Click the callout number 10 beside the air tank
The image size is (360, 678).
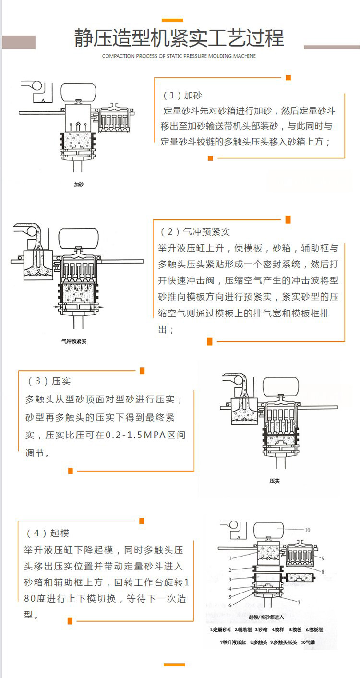click(307, 530)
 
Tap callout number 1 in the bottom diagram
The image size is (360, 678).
click(217, 558)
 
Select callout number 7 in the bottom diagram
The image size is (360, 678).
click(299, 602)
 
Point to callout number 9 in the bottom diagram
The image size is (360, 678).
click(323, 558)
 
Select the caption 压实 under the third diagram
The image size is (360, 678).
click(275, 481)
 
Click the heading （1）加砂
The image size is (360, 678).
click(182, 95)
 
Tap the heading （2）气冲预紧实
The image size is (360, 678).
click(195, 232)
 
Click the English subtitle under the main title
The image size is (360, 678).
click(179, 56)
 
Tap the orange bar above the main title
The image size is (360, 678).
click(172, 20)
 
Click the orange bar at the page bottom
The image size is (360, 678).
click(174, 665)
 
